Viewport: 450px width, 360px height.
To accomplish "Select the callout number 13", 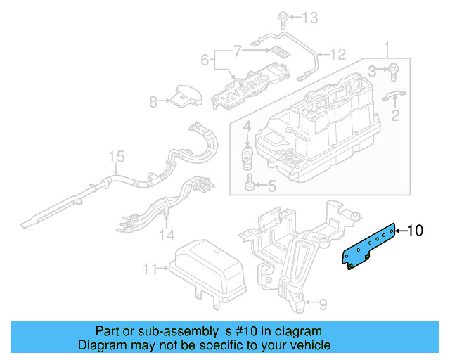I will coord(309,17).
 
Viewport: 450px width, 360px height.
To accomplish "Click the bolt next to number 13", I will coord(282,16).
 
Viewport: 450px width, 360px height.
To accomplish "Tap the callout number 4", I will coord(247,127).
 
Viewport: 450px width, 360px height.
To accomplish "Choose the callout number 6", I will coord(205,61).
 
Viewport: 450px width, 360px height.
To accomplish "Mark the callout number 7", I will coord(237,50).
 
